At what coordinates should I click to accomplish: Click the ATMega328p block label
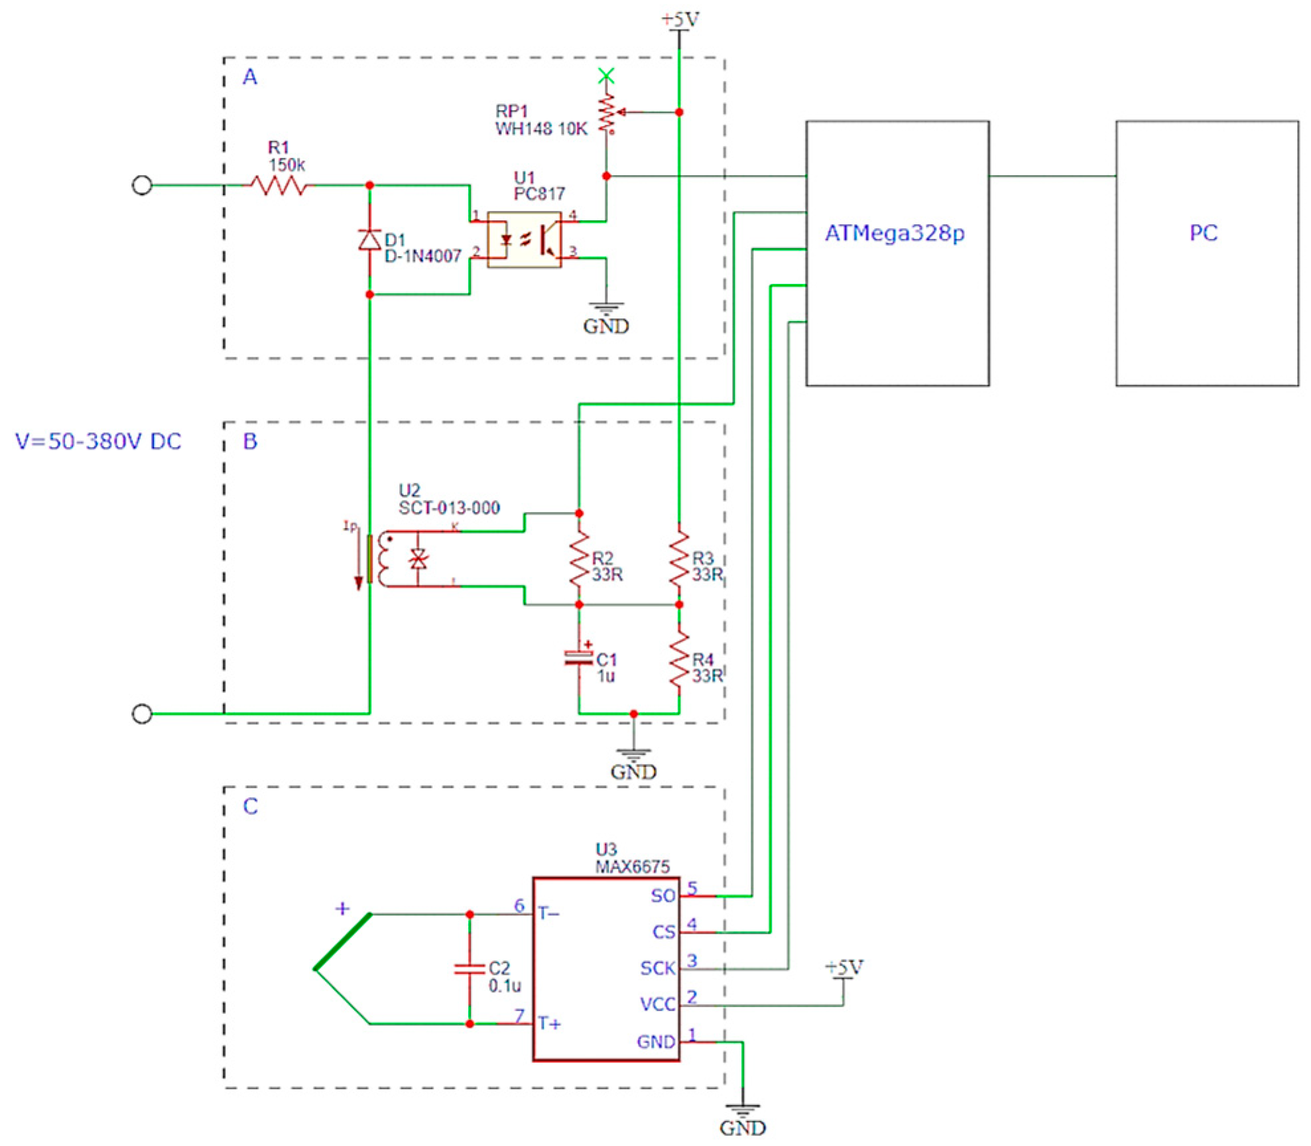coord(894,233)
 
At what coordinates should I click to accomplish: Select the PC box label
coord(1203,233)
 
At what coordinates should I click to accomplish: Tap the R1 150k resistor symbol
coord(279,185)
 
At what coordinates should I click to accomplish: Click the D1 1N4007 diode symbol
coord(369,240)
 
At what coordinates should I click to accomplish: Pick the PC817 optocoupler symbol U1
coord(524,239)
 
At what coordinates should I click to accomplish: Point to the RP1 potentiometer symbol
coord(606,114)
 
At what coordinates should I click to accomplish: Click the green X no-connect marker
coord(605,76)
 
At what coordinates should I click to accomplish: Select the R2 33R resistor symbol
coord(579,558)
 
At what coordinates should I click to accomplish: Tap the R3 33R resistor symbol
coord(678,558)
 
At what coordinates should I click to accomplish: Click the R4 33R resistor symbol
coord(678,660)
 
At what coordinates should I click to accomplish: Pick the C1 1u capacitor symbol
coord(578,658)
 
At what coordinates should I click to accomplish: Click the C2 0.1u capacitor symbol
coord(469,969)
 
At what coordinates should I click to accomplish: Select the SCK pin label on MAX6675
coord(656,968)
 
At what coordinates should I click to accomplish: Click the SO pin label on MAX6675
coord(662,895)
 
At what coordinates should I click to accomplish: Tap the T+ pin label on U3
coord(548,1023)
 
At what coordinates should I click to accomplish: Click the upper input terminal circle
coord(142,185)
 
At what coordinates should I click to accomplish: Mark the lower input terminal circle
coord(142,714)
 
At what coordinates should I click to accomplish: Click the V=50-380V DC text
coord(98,442)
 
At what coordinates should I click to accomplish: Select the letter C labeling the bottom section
coord(250,806)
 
